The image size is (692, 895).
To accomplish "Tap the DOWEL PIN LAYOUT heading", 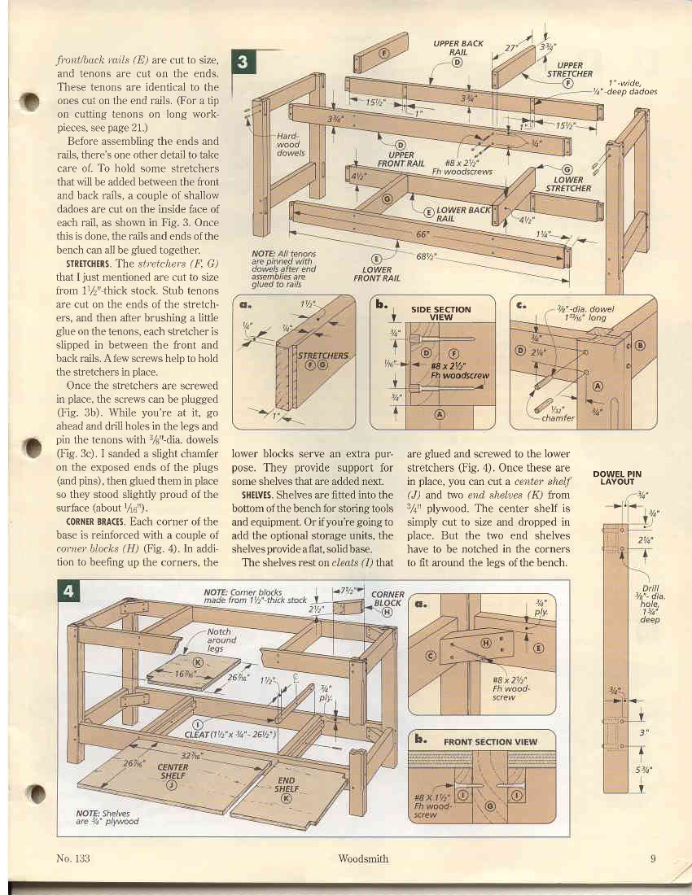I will [x=621, y=478].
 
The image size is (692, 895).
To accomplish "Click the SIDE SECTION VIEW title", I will [x=440, y=313].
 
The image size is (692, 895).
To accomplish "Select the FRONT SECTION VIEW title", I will [x=490, y=741].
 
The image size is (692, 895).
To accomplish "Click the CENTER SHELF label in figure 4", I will [x=173, y=771].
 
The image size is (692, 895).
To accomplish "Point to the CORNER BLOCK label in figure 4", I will [x=387, y=599].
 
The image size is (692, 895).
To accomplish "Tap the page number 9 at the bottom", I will [x=653, y=858].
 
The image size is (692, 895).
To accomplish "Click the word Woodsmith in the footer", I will [x=362, y=858].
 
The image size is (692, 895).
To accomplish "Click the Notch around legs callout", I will [x=218, y=640].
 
